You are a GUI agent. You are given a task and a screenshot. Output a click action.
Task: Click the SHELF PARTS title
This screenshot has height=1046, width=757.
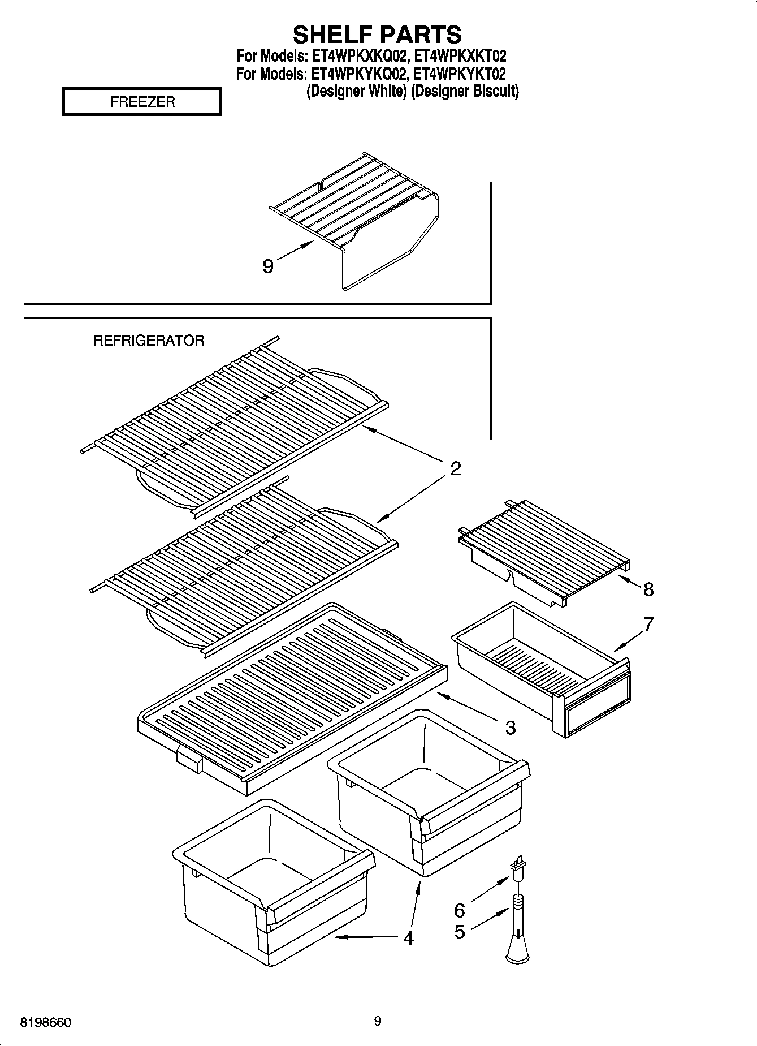pyautogui.click(x=377, y=35)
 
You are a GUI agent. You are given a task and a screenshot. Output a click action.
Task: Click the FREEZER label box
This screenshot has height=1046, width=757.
pyautogui.click(x=142, y=102)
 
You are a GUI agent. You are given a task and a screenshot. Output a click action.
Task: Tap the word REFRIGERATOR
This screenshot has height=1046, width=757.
pyautogui.click(x=148, y=341)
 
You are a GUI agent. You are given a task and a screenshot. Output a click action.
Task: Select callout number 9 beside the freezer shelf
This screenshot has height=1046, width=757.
pyautogui.click(x=268, y=265)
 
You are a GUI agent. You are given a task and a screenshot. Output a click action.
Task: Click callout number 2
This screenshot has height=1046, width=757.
pyautogui.click(x=456, y=468)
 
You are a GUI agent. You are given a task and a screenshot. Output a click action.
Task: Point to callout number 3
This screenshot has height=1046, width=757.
pyautogui.click(x=510, y=727)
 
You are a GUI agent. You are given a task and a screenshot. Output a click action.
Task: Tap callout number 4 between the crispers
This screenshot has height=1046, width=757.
pyautogui.click(x=408, y=937)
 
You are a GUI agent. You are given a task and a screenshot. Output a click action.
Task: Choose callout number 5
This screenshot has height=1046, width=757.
pyautogui.click(x=460, y=931)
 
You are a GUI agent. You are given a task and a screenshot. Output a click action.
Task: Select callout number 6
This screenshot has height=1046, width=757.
pyautogui.click(x=460, y=910)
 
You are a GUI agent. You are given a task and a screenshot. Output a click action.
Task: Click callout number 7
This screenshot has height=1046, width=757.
pyautogui.click(x=648, y=624)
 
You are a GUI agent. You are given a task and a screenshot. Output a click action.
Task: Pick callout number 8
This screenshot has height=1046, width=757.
pyautogui.click(x=648, y=589)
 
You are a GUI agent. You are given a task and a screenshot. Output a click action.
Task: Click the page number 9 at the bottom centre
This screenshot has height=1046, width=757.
pyautogui.click(x=378, y=1021)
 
